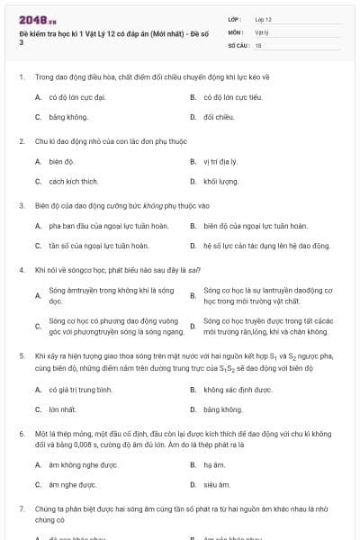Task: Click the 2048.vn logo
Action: (x=31, y=19)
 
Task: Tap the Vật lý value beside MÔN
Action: (x=262, y=31)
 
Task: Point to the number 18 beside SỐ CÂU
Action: (x=258, y=43)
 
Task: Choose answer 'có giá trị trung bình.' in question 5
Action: (x=80, y=390)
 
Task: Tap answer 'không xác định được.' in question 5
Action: (x=238, y=390)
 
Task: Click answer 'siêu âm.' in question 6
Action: (x=217, y=484)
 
